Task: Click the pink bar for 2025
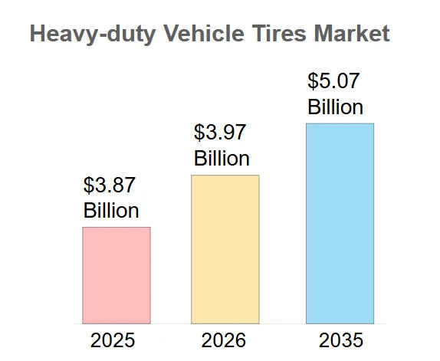(x=117, y=275)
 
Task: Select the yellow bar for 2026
(x=225, y=249)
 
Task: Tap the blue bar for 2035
(x=340, y=224)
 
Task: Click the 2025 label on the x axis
(x=113, y=340)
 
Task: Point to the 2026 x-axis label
(x=224, y=340)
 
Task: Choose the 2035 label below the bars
(x=341, y=340)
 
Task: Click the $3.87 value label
(x=110, y=185)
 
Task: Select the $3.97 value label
(x=220, y=133)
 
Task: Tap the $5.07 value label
(x=333, y=80)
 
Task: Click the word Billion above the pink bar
(x=111, y=210)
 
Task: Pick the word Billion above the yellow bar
(x=222, y=159)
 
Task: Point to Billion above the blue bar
(x=335, y=107)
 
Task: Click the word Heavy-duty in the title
(x=93, y=34)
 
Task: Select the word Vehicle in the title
(x=203, y=34)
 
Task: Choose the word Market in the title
(x=352, y=34)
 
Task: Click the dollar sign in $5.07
(x=312, y=81)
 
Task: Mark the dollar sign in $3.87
(x=88, y=185)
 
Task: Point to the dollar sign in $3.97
(x=199, y=133)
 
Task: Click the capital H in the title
(x=38, y=34)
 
